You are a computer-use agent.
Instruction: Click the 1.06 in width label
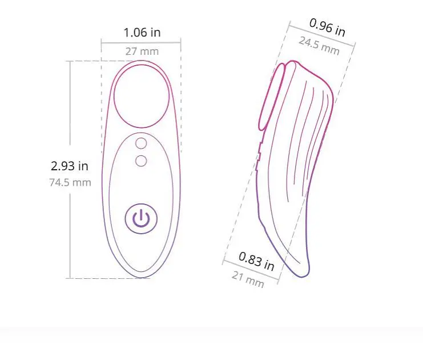point(142,33)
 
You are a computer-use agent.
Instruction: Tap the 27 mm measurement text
point(142,51)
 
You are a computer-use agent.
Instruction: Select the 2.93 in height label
point(70,166)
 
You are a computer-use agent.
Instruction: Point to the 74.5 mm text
point(70,182)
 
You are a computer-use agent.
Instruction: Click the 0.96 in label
point(327,27)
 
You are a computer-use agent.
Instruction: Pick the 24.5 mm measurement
point(319,46)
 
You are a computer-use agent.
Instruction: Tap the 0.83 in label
point(256,261)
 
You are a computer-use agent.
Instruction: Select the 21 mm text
point(248,279)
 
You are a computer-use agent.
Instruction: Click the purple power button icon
point(141,219)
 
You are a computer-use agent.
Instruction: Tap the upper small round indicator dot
point(141,143)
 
